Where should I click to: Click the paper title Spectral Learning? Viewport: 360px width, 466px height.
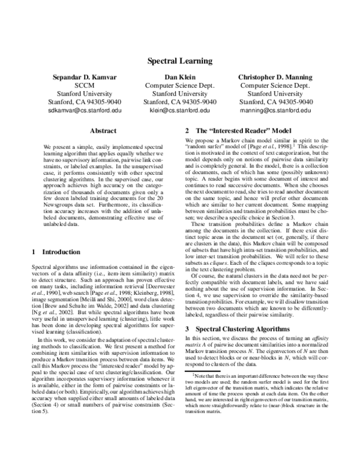point(179,61)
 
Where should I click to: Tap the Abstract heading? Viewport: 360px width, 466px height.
point(102,130)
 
